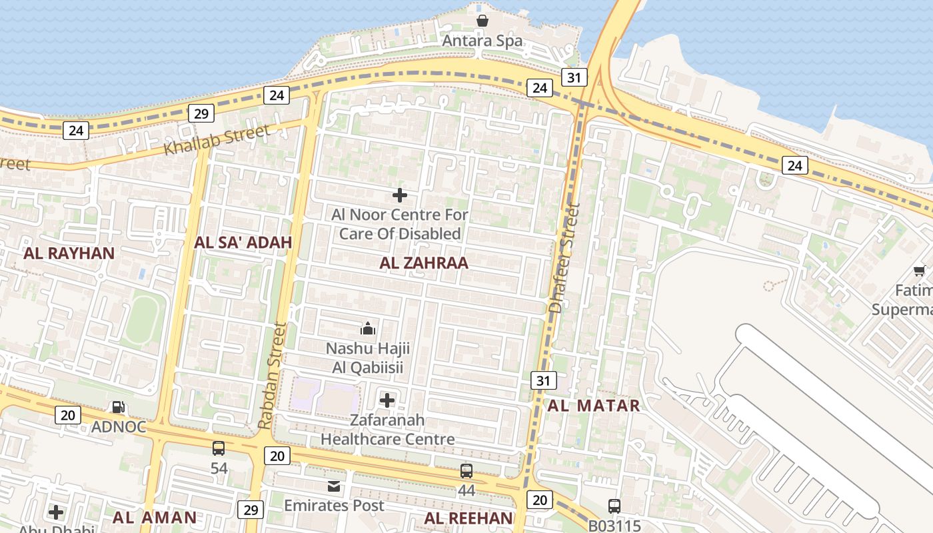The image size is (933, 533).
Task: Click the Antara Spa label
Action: click(483, 41)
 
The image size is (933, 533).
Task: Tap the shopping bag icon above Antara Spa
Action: click(482, 21)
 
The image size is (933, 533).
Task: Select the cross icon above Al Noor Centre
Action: click(400, 195)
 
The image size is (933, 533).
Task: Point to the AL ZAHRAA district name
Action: click(424, 263)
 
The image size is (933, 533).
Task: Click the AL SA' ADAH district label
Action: click(243, 243)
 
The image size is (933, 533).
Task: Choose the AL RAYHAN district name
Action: click(69, 253)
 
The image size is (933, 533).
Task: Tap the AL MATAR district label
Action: click(594, 405)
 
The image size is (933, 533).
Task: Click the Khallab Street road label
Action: click(217, 139)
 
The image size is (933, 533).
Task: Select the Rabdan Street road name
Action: click(273, 376)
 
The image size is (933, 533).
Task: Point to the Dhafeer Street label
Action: click(565, 259)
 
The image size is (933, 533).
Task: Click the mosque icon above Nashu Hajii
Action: click(368, 328)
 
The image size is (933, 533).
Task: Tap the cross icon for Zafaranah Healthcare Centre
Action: click(387, 400)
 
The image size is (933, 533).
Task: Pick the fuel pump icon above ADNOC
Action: click(119, 407)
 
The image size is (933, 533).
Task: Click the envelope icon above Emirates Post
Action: click(334, 487)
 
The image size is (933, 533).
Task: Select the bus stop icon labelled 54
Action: click(219, 448)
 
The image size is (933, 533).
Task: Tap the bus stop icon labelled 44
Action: click(467, 471)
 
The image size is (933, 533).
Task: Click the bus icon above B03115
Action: click(614, 506)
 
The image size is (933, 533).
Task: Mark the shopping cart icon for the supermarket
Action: click(920, 270)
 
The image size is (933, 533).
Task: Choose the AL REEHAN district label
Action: click(469, 518)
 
